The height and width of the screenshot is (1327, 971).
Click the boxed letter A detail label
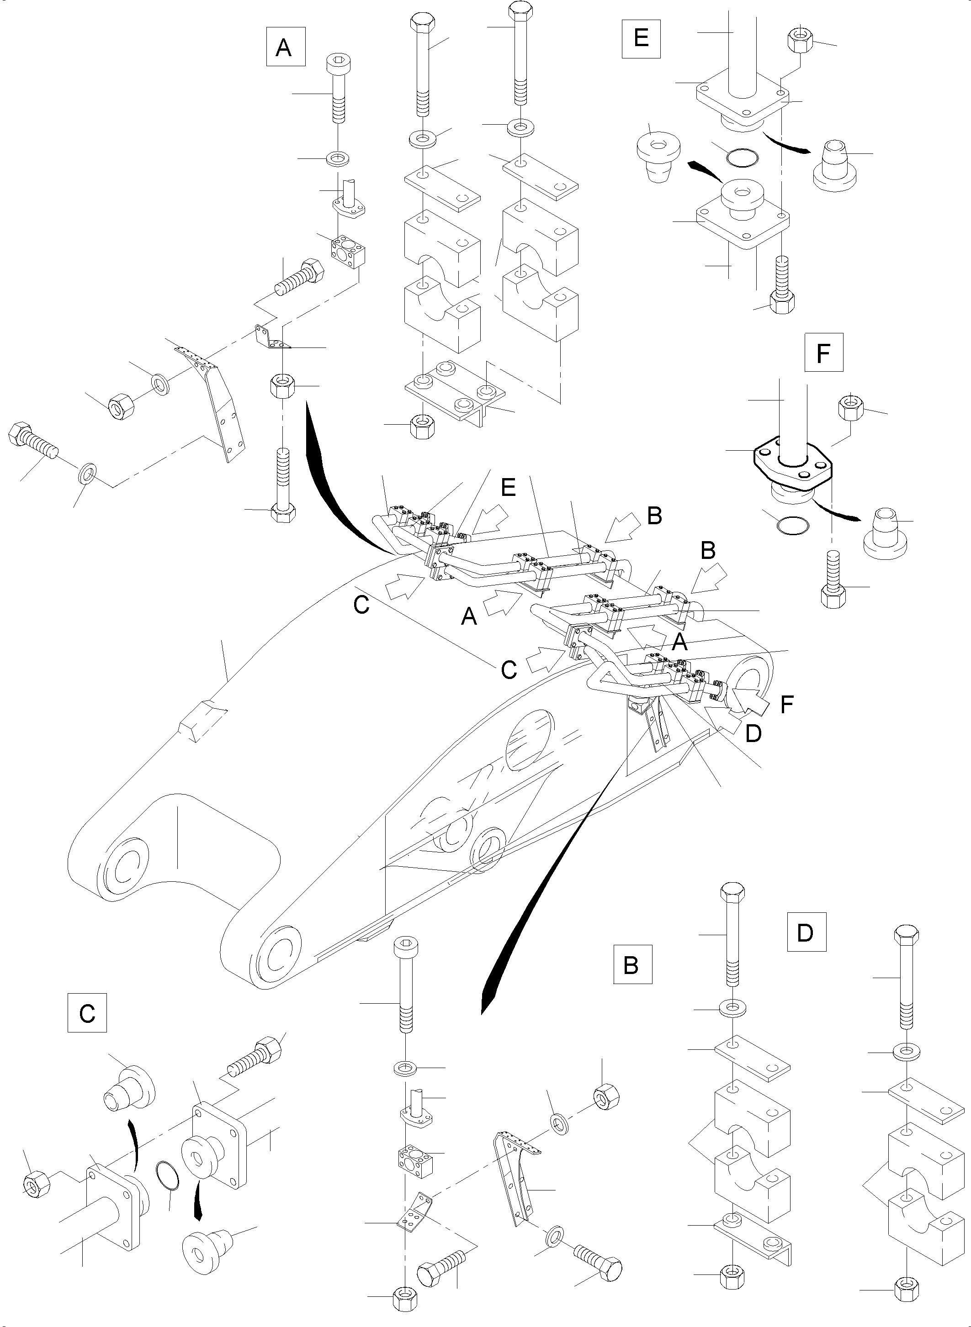pos(285,47)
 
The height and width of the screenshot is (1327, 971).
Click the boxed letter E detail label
pos(641,38)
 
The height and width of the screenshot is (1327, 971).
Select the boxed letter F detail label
pos(823,353)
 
